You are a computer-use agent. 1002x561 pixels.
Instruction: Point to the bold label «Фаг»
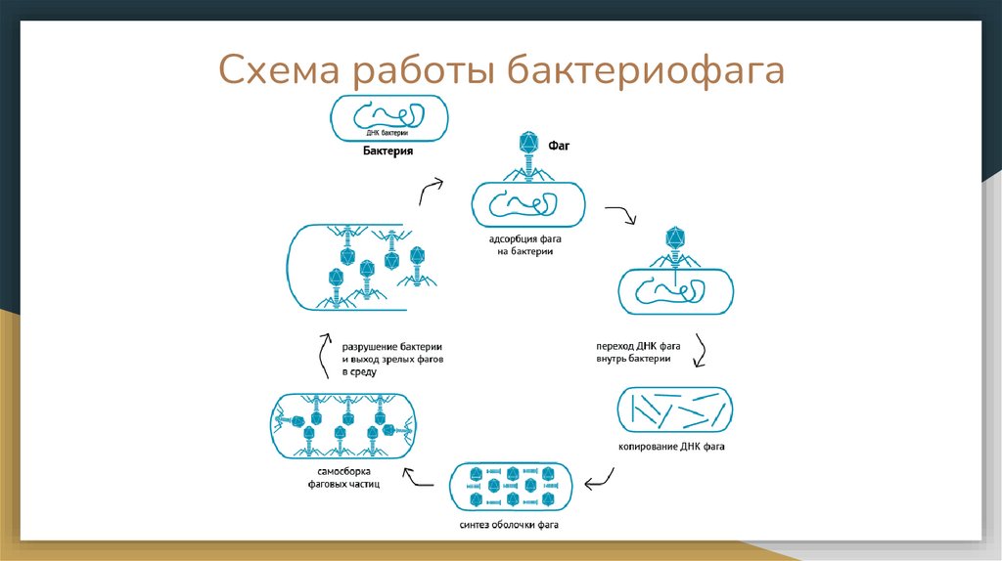point(559,146)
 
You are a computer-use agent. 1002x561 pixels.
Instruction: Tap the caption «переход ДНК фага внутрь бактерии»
point(638,352)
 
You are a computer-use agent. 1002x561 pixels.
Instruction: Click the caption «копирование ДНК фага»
point(670,447)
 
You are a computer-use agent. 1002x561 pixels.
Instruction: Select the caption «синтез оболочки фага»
point(509,525)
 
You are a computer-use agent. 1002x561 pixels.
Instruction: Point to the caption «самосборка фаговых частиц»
point(339,478)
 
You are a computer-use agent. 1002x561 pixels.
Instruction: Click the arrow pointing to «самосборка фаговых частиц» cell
point(423,478)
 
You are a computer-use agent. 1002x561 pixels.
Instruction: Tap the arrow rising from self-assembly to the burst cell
point(326,356)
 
